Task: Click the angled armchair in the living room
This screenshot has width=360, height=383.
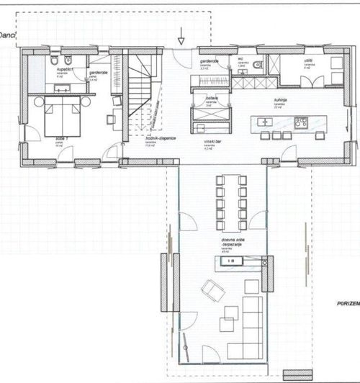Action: pos(210,289)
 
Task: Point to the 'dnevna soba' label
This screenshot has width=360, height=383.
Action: pos(215,243)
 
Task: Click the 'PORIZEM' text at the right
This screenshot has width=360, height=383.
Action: pos(347,305)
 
